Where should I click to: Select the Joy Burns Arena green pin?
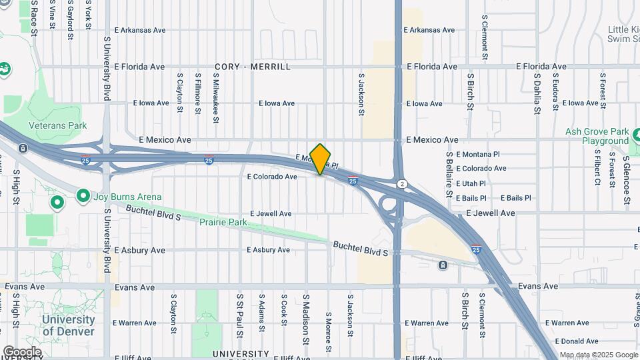coord(83,196)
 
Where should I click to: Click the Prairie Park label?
coord(223,221)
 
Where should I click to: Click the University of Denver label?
coord(69,325)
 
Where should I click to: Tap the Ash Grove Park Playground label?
coord(597,136)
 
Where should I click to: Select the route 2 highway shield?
coord(401,183)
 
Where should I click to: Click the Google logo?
coord(22,351)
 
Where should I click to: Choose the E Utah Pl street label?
coord(476,183)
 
